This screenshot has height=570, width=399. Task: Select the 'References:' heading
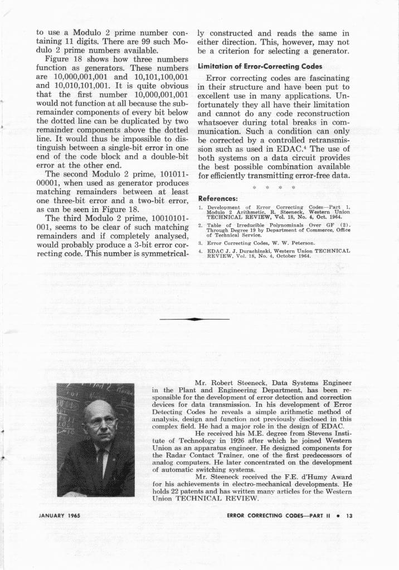click(x=218, y=198)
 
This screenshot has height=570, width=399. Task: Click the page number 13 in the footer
click(x=349, y=516)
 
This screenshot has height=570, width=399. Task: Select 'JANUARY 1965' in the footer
click(x=60, y=516)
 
